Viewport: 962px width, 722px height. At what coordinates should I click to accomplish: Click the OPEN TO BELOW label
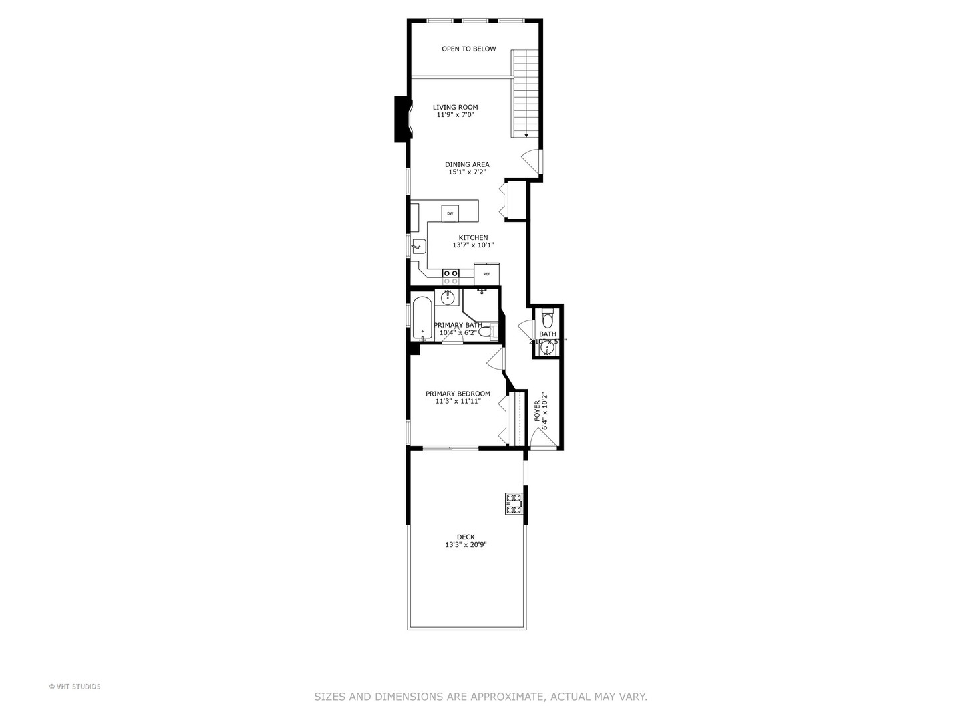(x=468, y=49)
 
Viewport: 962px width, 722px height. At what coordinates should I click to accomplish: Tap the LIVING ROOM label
(x=455, y=107)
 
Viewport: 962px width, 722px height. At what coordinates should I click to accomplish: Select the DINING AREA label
(x=467, y=164)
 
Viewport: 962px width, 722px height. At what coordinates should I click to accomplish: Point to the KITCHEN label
(x=473, y=237)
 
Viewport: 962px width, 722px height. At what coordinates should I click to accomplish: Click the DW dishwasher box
(x=450, y=213)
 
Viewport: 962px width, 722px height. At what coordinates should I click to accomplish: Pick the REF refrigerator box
(x=487, y=274)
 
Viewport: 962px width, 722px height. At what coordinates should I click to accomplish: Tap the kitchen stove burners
(x=450, y=273)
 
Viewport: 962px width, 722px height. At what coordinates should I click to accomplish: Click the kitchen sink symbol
(x=419, y=247)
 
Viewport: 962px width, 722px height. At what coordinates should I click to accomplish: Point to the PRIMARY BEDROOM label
(x=458, y=394)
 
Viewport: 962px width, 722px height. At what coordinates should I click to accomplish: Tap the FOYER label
(x=537, y=410)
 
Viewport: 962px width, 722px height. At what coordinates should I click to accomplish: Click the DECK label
(x=466, y=537)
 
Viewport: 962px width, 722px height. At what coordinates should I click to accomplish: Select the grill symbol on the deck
(x=513, y=503)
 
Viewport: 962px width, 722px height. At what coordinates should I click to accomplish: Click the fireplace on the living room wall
(x=403, y=120)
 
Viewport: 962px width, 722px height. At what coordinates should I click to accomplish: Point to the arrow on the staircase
(x=526, y=136)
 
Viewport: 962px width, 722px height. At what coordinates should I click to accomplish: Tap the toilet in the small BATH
(x=548, y=319)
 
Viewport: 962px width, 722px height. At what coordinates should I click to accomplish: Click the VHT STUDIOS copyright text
(x=75, y=687)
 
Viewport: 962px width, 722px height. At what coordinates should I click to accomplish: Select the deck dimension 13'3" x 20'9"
(x=466, y=545)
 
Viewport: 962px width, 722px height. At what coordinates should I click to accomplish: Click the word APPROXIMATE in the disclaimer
(x=508, y=697)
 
